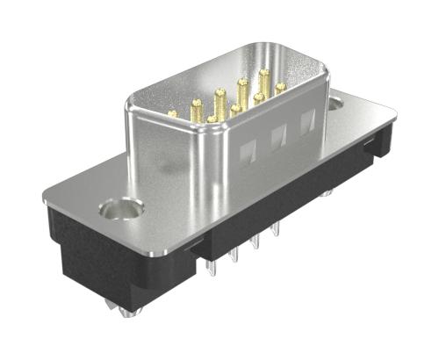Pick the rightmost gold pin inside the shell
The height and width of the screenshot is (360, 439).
[280, 87]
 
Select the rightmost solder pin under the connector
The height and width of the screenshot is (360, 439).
[277, 230]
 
